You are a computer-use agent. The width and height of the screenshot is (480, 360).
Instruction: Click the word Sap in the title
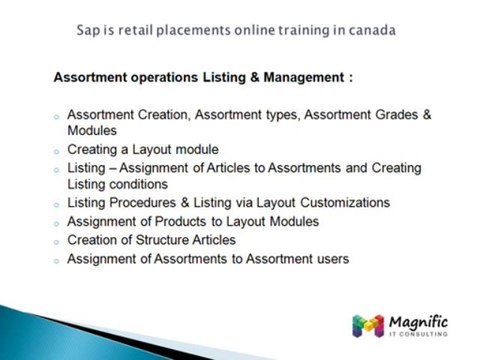[x=88, y=29]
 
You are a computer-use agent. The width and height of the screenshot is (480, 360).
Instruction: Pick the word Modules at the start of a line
[x=92, y=130]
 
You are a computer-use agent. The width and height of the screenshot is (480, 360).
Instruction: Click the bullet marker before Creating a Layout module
[x=56, y=150]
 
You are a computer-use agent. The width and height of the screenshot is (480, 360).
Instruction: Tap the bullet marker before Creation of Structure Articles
[x=56, y=241]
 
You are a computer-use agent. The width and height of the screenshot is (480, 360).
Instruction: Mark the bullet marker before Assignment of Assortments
[x=56, y=260]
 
